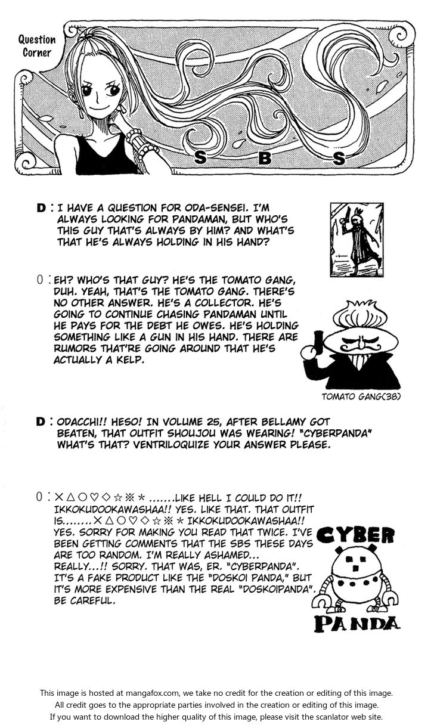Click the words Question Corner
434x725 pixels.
(37, 47)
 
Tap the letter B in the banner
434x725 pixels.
(265, 158)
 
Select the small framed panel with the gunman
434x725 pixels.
(356, 240)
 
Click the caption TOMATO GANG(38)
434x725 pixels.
(361, 396)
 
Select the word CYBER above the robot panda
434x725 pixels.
(355, 535)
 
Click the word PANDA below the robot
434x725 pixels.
(357, 624)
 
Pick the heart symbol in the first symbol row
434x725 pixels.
(94, 497)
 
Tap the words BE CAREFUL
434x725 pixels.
(84, 601)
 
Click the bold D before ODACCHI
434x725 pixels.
(41, 422)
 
